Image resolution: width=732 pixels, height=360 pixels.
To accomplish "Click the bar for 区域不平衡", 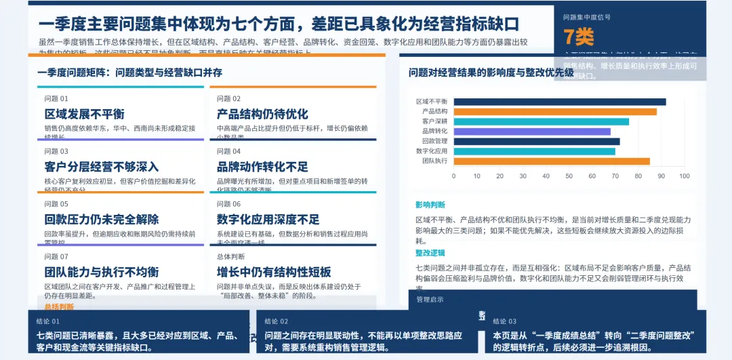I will pyautogui.click(x=560, y=102).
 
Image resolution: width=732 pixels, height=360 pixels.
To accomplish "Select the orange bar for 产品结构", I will pyautogui.click(x=555, y=112).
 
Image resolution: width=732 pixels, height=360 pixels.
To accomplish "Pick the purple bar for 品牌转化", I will pyautogui.click(x=532, y=132).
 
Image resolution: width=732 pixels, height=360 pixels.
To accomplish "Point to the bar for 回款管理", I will pyautogui.click(x=537, y=142).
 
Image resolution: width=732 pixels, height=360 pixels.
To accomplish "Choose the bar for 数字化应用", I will pyautogui.click(x=535, y=151).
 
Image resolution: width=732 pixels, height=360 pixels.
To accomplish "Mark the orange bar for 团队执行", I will pyautogui.click(x=552, y=161).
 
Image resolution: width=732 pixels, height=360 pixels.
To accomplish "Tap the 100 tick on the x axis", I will pyautogui.click(x=684, y=176).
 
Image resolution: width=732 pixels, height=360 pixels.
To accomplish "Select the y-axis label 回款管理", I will pyautogui.click(x=434, y=142).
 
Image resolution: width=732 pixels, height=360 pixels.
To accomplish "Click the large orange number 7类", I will pyautogui.click(x=578, y=36).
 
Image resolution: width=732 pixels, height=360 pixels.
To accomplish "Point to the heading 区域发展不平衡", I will pyautogui.click(x=85, y=114).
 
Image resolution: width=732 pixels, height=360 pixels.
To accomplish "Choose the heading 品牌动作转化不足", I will pyautogui.click(x=262, y=167).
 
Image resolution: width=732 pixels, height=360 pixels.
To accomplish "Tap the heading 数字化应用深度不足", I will pyautogui.click(x=268, y=220).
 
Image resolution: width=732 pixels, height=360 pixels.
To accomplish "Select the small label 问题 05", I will pyautogui.click(x=56, y=204).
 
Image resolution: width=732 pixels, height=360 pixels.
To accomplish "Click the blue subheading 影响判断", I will pyautogui.click(x=430, y=205).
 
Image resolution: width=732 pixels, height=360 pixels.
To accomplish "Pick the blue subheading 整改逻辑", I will pyautogui.click(x=430, y=253).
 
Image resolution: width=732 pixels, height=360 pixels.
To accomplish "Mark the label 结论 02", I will pyautogui.click(x=277, y=321).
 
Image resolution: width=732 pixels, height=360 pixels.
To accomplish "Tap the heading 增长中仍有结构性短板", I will pyautogui.click(x=274, y=272).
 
